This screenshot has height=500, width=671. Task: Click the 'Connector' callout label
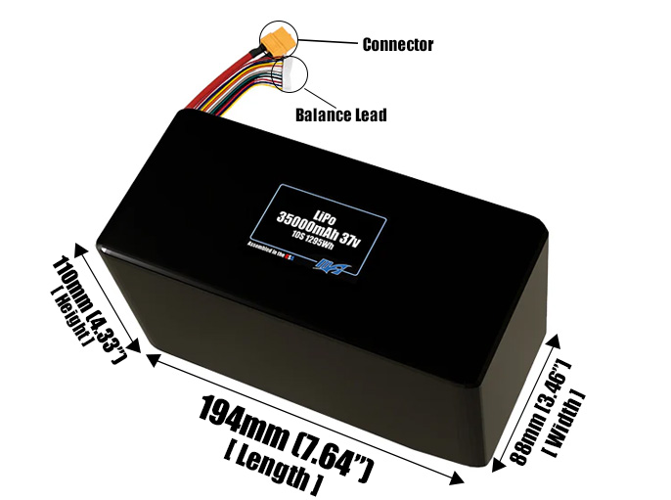(397, 45)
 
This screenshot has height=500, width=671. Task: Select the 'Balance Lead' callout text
(340, 115)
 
